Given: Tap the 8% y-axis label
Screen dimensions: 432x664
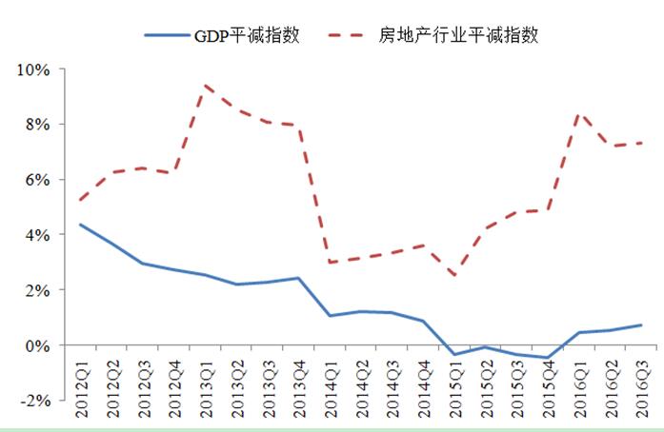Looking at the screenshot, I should tap(39, 125).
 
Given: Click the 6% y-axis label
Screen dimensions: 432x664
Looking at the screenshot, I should tap(39, 180).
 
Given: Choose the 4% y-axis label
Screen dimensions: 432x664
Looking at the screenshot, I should tap(39, 234).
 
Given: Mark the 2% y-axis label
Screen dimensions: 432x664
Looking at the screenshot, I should tap(39, 289).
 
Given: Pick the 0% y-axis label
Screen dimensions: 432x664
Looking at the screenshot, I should tap(39, 344).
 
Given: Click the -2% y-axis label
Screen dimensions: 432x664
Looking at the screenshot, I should tap(37, 400).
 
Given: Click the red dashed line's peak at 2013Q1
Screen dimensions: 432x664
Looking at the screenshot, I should tap(205, 86).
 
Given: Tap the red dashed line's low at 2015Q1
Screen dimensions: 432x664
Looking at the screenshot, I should tap(455, 276).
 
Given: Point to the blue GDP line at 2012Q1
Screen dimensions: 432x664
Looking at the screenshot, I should tap(80, 225).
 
